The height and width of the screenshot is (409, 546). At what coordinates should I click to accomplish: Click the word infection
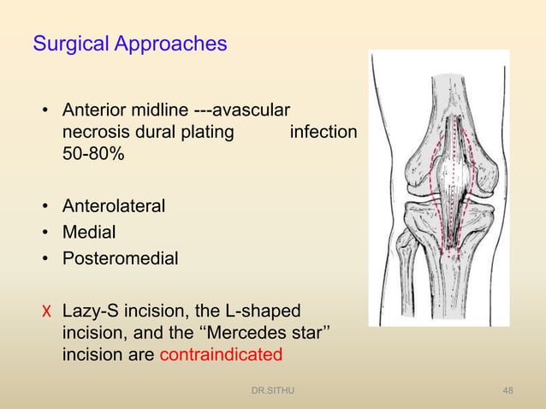(323, 133)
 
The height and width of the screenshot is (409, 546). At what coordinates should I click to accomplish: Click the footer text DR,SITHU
(271, 392)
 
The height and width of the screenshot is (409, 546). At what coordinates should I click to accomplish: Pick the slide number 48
(508, 392)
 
